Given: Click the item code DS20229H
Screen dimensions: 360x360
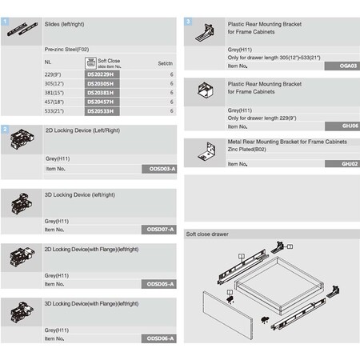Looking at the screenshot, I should (x=100, y=73).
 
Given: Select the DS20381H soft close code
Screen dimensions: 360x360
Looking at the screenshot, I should (x=100, y=93).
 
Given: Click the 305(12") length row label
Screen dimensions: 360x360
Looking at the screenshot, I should (x=55, y=83).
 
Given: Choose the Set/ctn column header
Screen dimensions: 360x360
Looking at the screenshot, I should (x=166, y=62).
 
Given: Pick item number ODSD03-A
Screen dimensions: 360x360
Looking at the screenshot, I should (x=162, y=170).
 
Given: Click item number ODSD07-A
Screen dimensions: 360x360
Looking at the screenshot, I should (x=162, y=229).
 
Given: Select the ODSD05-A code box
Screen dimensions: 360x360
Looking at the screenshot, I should (x=162, y=284).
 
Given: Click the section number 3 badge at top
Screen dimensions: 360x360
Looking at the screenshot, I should (x=188, y=22).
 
